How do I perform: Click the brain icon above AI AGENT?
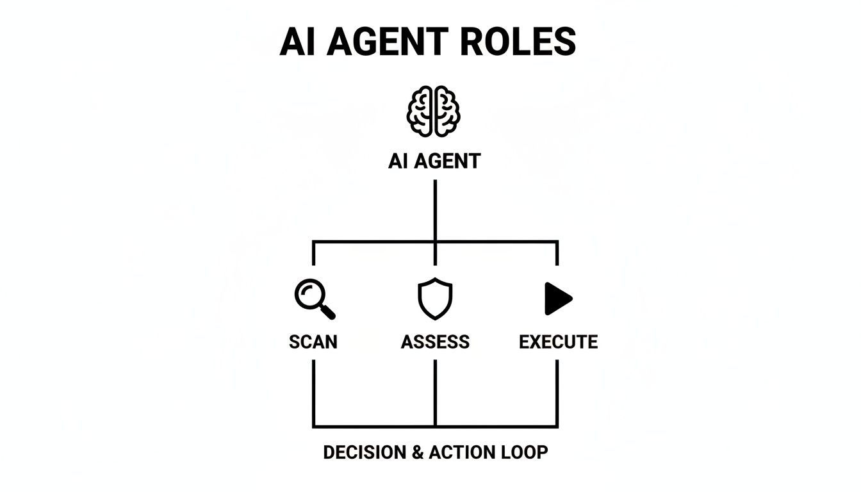tap(434, 111)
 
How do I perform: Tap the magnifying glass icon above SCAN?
tap(313, 299)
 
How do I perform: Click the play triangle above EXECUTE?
tap(557, 299)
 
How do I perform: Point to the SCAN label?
tap(313, 342)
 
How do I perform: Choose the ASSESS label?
tap(435, 342)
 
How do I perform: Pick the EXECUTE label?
tap(558, 342)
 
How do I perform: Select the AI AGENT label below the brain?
tap(434, 161)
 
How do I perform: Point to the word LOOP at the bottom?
tap(523, 452)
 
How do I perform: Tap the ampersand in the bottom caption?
tap(418, 452)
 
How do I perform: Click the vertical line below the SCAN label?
tap(313, 392)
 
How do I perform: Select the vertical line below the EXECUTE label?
tap(557, 392)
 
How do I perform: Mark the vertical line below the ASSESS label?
tap(435, 392)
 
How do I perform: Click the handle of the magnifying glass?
tap(327, 312)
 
